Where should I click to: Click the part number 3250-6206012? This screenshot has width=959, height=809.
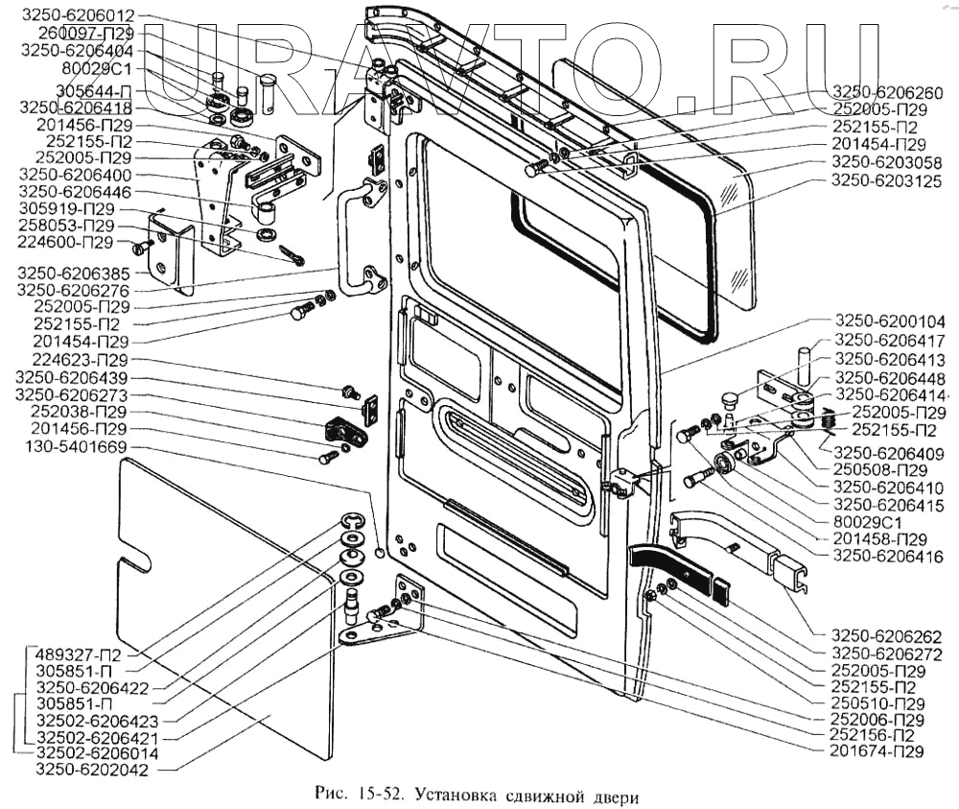(78, 15)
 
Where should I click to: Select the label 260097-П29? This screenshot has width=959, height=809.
(85, 33)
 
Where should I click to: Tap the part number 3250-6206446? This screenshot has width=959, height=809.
(75, 192)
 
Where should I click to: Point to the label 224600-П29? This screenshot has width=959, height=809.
(65, 243)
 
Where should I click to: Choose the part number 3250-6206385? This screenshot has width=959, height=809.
(74, 274)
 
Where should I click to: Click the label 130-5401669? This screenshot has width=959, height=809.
(76, 447)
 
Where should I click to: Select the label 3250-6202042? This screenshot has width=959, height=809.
(92, 770)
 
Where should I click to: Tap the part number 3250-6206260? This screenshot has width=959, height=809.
(888, 92)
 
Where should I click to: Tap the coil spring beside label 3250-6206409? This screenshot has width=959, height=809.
(827, 419)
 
